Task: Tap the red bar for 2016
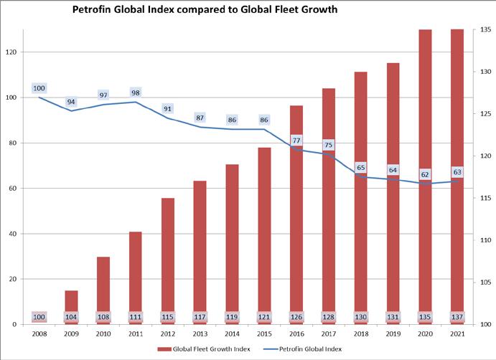point(296,215)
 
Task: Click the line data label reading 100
point(39,88)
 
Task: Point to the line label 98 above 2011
point(135,93)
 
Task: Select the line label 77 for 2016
point(296,140)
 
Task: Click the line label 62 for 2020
point(425,174)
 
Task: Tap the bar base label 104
point(71,317)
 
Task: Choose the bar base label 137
point(457,317)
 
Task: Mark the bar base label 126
point(296,317)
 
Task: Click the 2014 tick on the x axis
point(232,333)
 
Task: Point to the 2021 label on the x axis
point(457,333)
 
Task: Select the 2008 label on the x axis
point(39,333)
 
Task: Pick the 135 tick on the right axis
point(485,30)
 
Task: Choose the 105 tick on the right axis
point(485,283)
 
